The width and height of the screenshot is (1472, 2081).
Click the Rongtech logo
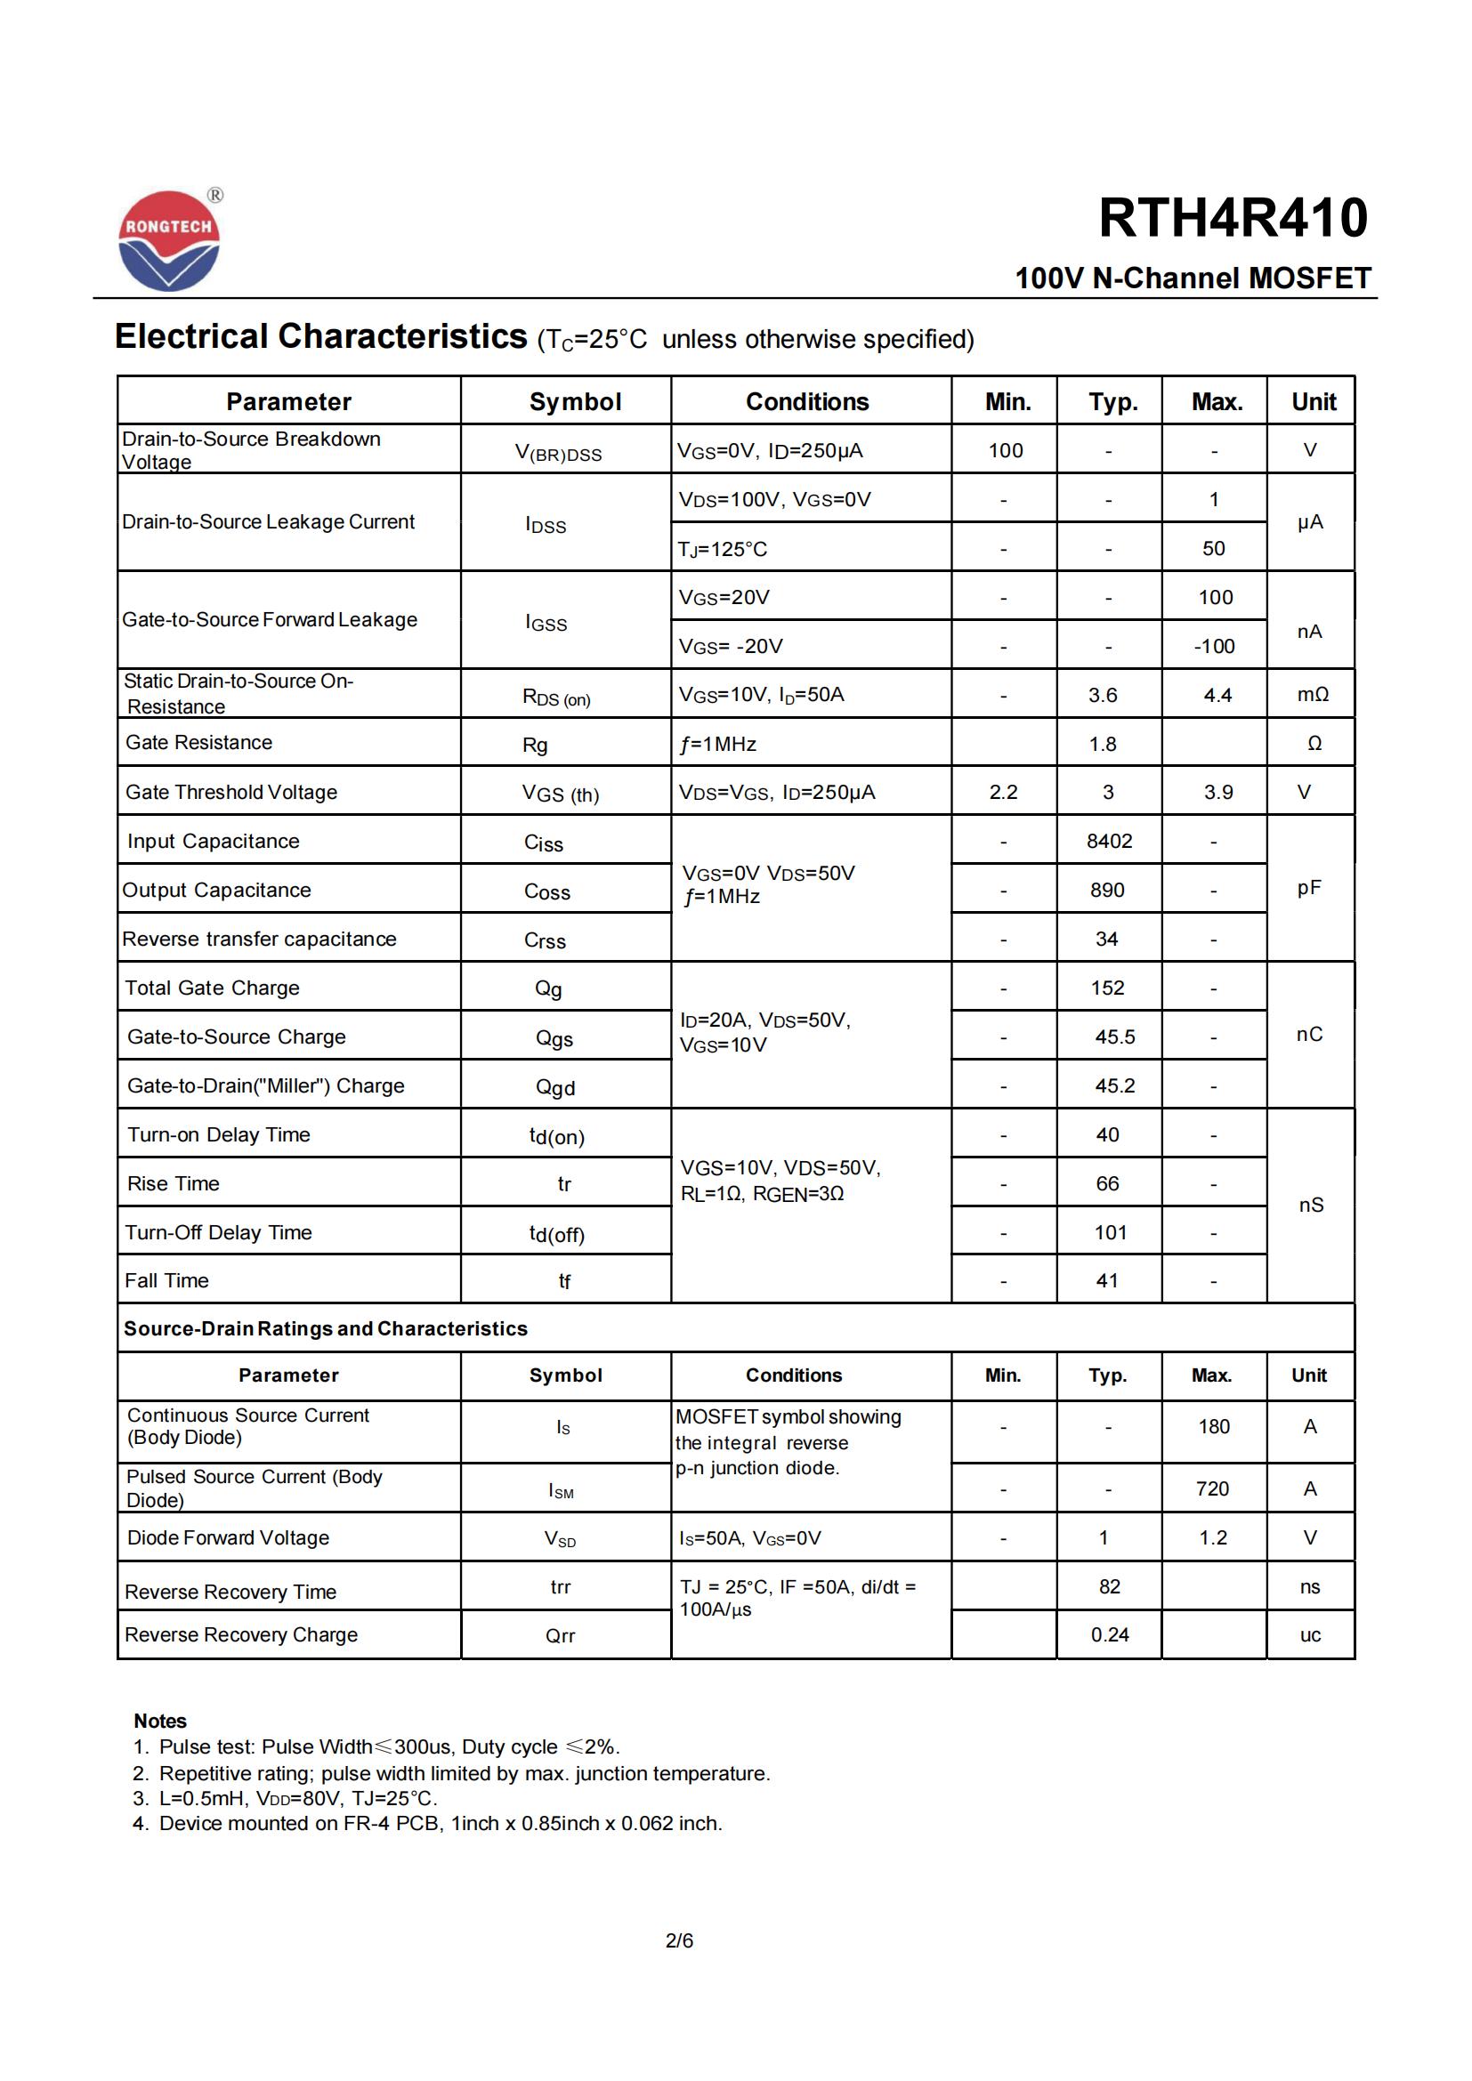click(169, 241)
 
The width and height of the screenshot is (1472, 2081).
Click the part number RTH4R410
click(1233, 219)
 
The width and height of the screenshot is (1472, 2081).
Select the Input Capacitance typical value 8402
click(1109, 841)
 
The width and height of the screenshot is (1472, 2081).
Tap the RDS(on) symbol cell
click(556, 697)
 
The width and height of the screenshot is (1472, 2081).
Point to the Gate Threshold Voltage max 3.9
click(1217, 792)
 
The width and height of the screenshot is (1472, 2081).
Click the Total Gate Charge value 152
click(1107, 988)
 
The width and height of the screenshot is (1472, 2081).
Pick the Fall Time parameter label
click(166, 1280)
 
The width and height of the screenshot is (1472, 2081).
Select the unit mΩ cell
click(1312, 695)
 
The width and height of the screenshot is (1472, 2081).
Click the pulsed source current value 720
click(1212, 1488)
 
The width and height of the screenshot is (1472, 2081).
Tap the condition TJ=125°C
click(723, 549)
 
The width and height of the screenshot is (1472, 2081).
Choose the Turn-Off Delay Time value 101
click(1110, 1232)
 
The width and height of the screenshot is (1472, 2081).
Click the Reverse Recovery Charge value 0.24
click(1110, 1634)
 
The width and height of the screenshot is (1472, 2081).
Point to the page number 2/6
click(679, 1940)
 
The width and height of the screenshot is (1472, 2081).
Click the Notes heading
click(159, 1721)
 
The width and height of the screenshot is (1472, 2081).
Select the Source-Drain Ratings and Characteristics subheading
click(326, 1328)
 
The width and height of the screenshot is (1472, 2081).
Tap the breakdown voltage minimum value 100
click(1005, 450)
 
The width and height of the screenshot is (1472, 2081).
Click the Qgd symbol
click(554, 1086)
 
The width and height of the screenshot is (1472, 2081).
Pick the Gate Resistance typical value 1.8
click(1102, 744)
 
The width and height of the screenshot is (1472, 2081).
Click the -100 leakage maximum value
click(1214, 646)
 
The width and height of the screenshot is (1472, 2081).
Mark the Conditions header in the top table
click(806, 401)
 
